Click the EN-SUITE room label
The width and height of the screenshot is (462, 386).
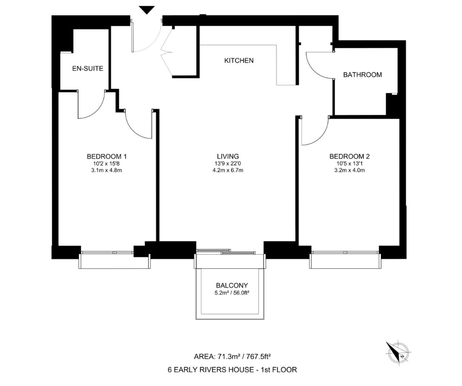click(x=88, y=69)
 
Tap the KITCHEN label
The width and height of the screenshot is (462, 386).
click(x=239, y=61)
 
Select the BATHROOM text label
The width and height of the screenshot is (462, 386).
click(x=363, y=75)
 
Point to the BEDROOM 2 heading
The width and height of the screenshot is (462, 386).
click(x=350, y=156)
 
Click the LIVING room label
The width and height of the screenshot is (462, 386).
click(x=228, y=156)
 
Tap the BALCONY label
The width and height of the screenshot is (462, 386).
click(x=232, y=285)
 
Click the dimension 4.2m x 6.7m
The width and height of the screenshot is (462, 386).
click(x=228, y=170)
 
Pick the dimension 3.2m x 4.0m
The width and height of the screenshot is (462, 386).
click(x=350, y=170)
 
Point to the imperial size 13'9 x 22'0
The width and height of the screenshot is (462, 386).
click(x=228, y=163)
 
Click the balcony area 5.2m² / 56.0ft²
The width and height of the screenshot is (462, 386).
click(x=232, y=293)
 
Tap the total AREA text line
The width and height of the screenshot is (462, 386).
click(x=232, y=356)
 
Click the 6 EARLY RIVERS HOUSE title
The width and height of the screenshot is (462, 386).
click(x=232, y=370)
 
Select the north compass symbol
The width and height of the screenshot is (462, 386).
click(x=397, y=351)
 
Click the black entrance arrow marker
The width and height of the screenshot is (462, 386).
click(x=147, y=9)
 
